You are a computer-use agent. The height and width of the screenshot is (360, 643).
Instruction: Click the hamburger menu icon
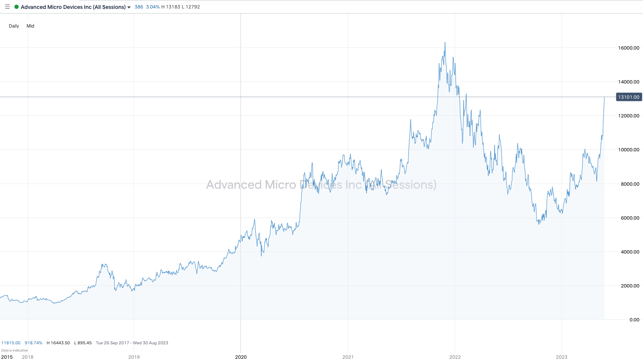coord(7,7)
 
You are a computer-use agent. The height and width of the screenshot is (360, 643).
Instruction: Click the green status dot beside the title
coord(17,7)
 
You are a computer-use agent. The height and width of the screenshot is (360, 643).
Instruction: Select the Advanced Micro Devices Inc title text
coord(73,7)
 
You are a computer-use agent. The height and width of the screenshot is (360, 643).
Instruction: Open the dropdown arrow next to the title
coord(129,7)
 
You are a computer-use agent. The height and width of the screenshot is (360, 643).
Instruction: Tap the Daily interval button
coord(14,26)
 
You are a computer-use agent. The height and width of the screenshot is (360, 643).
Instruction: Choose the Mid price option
coord(31,26)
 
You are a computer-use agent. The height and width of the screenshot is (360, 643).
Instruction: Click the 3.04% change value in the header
coord(153,7)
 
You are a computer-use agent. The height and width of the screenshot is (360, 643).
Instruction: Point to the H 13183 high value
coord(171,7)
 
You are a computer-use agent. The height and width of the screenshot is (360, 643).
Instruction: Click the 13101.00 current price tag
coord(629,97)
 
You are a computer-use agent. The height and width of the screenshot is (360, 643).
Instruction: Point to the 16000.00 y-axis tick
coord(629,48)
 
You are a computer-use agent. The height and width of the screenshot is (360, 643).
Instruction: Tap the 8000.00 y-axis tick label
coord(629,184)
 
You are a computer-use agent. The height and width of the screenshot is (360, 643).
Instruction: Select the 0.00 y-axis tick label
coord(634,320)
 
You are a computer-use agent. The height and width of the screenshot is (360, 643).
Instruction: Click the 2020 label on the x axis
coord(241,357)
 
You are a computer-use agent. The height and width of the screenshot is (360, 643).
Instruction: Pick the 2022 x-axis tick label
coord(455,357)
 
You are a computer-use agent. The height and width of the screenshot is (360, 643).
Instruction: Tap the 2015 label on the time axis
coord(7,357)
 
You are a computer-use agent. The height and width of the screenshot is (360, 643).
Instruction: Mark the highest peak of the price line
coord(445,42)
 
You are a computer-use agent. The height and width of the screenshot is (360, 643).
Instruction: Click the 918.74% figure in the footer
coord(34,343)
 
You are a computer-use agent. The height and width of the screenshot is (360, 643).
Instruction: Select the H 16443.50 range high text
coord(58,343)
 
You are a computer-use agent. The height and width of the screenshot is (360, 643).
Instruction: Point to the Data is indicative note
coord(14,350)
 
